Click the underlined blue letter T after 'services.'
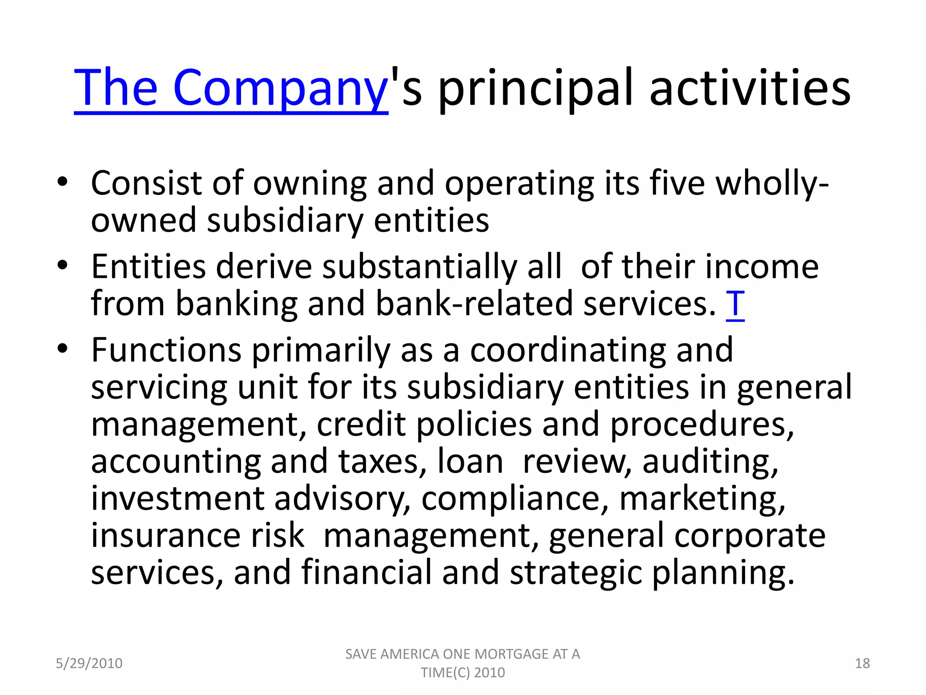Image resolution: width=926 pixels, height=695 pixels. [735, 304]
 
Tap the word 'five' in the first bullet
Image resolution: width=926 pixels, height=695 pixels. [677, 183]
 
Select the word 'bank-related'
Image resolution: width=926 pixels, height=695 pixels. [474, 304]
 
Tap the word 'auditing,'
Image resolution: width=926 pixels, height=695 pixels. [710, 462]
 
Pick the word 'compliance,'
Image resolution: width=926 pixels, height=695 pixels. [515, 499]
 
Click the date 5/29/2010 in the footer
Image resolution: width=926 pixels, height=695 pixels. [89, 663]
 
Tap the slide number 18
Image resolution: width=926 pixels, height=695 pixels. [862, 663]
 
